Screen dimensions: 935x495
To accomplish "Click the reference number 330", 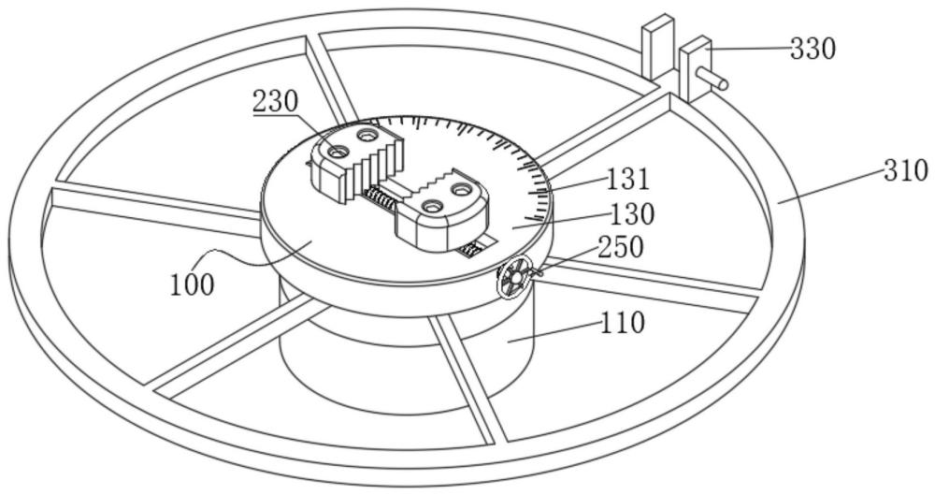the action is (813, 49).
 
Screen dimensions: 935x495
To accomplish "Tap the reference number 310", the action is (906, 172).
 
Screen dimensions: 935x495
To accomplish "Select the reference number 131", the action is (629, 179).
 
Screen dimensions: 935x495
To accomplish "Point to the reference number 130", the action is (632, 213).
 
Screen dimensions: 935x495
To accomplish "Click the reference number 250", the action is (621, 247).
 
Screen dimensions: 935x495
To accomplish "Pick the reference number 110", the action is (623, 323).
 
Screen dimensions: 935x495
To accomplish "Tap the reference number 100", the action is (192, 285).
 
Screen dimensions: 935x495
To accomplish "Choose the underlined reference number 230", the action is (275, 101).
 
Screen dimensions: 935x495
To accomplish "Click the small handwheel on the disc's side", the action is (512, 276).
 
